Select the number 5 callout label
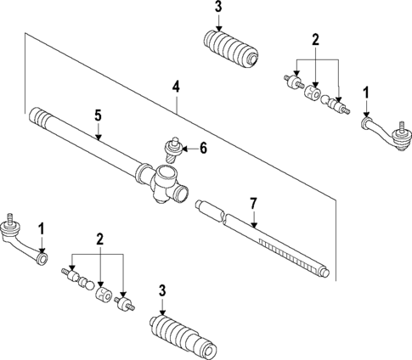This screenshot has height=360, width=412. pos(99,115)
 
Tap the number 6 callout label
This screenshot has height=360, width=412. pos(203,148)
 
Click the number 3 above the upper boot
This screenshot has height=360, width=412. pos(218,8)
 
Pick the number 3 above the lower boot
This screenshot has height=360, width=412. pos(162,292)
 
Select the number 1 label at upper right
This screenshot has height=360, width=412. pos(366,92)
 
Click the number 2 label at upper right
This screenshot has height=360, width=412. pos(316,40)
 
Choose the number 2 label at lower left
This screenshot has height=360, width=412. pos(99,240)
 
